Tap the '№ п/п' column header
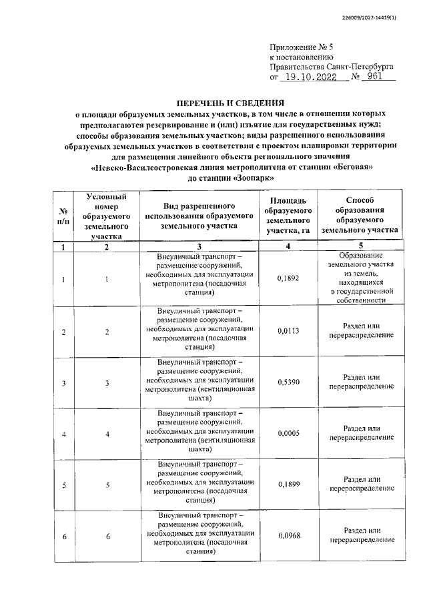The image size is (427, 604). pyautogui.click(x=63, y=216)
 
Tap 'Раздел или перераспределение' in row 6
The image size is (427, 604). pyautogui.click(x=360, y=535)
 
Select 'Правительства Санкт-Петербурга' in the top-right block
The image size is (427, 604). pyautogui.click(x=331, y=67)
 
